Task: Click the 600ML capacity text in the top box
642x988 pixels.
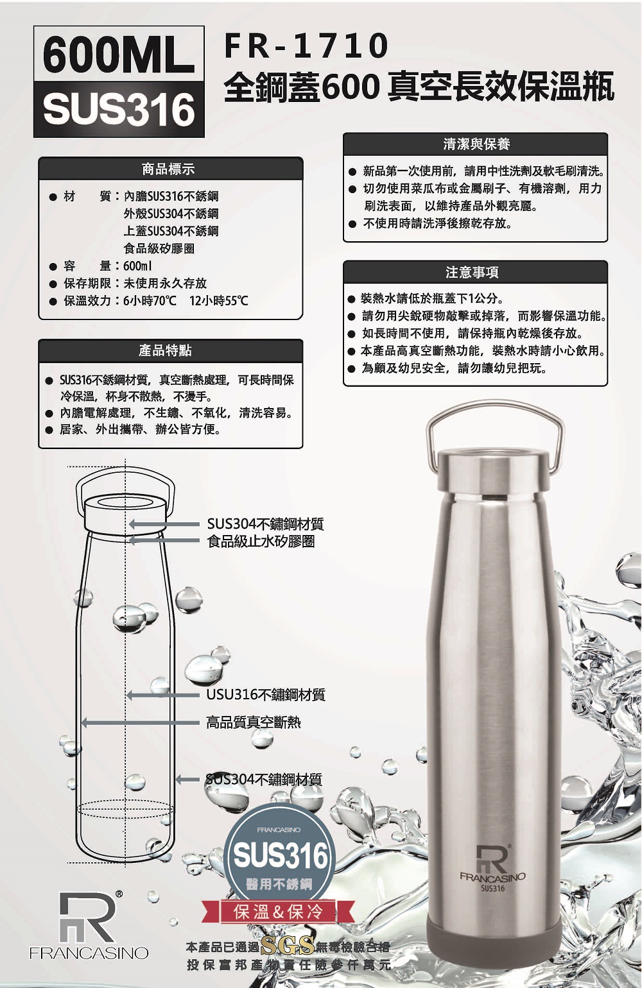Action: click(119, 55)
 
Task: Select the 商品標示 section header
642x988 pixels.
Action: click(168, 169)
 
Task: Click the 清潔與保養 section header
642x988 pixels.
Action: click(476, 144)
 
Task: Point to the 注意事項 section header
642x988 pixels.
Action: click(472, 272)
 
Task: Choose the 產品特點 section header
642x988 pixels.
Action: click(164, 351)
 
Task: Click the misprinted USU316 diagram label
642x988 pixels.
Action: click(266, 695)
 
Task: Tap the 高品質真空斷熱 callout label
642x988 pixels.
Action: click(254, 722)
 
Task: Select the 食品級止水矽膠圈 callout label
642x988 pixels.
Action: click(261, 541)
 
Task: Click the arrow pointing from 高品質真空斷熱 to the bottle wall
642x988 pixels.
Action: click(141, 723)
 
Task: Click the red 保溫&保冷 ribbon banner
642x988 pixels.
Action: click(278, 912)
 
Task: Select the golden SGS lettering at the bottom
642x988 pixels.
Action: click(288, 946)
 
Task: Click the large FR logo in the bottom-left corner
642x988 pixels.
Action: click(89, 926)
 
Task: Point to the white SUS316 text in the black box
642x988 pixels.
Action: click(119, 109)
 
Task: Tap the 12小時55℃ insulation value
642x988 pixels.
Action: click(219, 301)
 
